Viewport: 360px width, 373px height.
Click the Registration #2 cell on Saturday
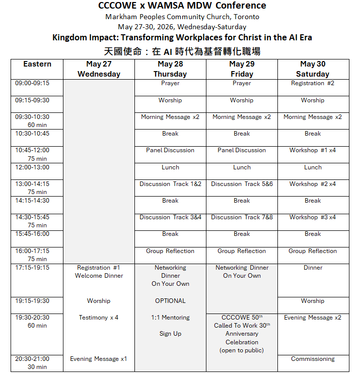tap(312, 83)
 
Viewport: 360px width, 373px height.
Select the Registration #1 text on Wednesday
tap(99, 268)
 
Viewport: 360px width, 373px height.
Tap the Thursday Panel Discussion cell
tap(170, 150)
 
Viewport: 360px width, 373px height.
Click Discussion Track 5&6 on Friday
tap(242, 184)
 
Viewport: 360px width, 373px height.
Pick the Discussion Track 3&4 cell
tap(170, 217)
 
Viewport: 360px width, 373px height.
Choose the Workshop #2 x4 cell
tap(312, 184)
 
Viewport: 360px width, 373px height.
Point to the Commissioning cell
tap(312, 359)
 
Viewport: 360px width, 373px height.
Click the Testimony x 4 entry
tap(99, 318)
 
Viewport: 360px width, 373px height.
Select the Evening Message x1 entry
tap(99, 359)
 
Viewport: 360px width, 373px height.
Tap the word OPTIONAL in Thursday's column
tap(170, 301)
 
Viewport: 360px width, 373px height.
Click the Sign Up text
tap(170, 334)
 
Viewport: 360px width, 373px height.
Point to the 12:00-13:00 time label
tap(32, 167)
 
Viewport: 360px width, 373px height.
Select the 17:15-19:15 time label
tap(32, 268)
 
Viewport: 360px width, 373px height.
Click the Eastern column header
tap(37, 64)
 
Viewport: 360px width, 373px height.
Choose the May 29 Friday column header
tap(242, 69)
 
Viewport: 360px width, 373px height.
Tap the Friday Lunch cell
tap(242, 167)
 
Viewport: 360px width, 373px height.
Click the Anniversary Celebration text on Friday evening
tap(242, 338)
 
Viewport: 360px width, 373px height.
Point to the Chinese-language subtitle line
tap(182, 51)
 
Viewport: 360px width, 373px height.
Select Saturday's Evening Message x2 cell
tap(312, 318)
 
